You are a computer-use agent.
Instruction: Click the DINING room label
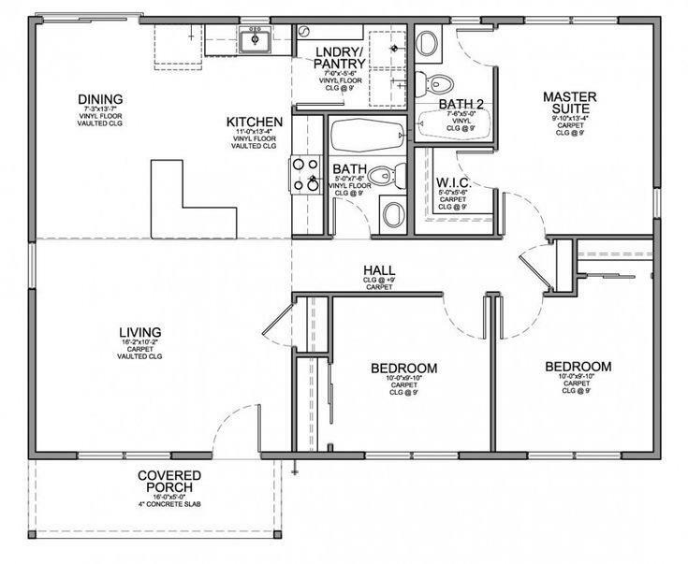pos(100,99)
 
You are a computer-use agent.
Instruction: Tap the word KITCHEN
pos(255,122)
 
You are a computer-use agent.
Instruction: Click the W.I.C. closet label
pos(453,181)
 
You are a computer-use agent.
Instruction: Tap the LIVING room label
pos(140,332)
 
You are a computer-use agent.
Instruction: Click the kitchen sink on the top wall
pos(254,41)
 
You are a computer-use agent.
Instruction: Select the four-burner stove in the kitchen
pos(305,174)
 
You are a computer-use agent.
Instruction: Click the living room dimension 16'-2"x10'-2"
pos(140,345)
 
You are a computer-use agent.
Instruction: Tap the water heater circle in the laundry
pos(307,31)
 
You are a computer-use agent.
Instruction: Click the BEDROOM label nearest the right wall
pos(578,367)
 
